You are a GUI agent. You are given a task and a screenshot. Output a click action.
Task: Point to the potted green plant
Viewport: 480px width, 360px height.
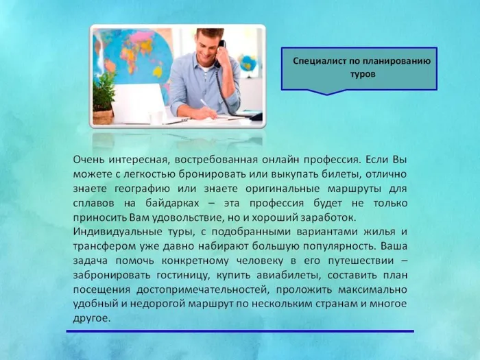104,97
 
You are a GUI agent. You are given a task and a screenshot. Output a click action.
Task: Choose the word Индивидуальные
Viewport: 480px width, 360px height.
115,232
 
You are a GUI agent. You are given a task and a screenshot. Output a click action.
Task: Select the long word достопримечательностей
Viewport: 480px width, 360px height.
206,290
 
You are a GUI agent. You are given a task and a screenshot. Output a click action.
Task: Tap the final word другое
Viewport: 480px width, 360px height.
91,319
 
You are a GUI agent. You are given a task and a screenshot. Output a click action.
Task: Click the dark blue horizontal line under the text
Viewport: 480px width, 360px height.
240,332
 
